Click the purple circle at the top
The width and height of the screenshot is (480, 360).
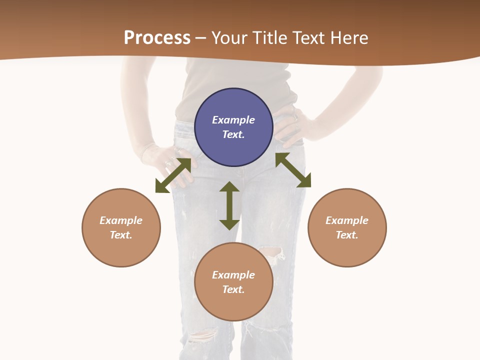tap(233, 127)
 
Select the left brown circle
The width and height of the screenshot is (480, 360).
tap(121, 227)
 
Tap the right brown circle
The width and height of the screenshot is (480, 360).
tap(347, 227)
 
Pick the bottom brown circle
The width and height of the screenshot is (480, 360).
tap(233, 281)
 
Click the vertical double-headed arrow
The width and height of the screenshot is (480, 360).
tap(229, 205)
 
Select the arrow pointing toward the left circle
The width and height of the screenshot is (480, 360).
tap(173, 175)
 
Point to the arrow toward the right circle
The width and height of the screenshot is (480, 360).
tap(293, 170)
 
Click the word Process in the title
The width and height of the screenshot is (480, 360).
tap(157, 38)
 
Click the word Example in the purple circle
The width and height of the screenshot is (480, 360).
tap(233, 120)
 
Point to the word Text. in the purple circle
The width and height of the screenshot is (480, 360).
tap(233, 134)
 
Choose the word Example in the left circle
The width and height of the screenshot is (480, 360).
tap(121, 220)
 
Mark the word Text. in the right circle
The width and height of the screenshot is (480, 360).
tap(347, 235)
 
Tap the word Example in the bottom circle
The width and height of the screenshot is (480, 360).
tap(233, 275)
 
